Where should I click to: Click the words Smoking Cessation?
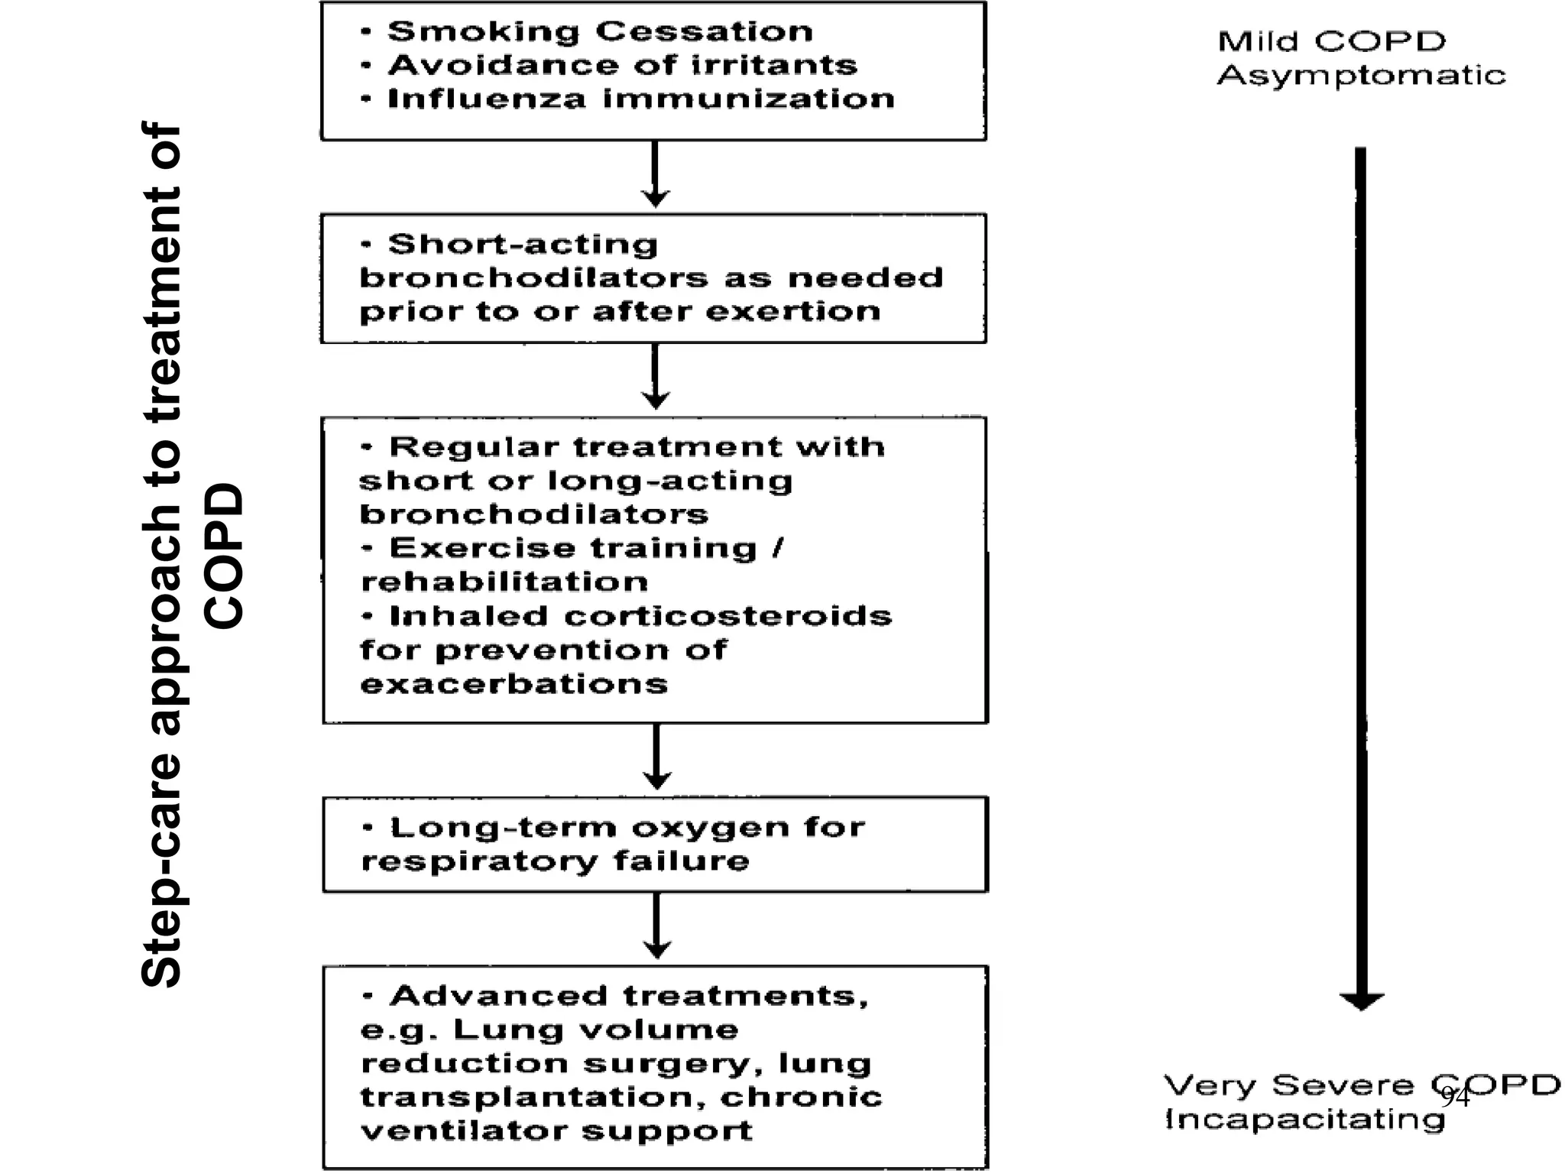[x=600, y=31]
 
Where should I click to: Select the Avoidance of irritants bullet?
[x=622, y=65]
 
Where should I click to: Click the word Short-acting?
[x=523, y=245]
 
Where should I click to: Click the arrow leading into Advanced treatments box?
[x=656, y=926]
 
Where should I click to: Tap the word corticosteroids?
[x=728, y=616]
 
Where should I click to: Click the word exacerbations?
[x=514, y=683]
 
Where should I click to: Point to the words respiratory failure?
[x=555, y=861]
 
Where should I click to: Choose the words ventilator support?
[x=556, y=1130]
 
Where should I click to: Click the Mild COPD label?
[x=1331, y=41]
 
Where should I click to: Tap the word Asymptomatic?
[x=1361, y=76]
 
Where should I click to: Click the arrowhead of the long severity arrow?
[x=1361, y=1001]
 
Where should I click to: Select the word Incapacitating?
[x=1304, y=1120]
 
